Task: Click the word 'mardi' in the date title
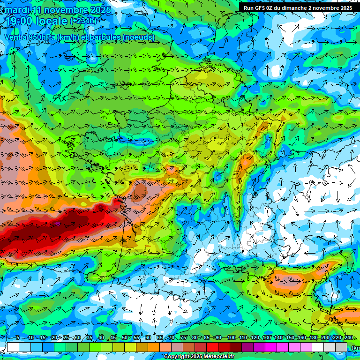click(x=16, y=10)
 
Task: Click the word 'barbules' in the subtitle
click(x=104, y=37)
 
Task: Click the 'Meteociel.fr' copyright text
click(x=218, y=357)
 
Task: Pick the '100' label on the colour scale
click(x=231, y=338)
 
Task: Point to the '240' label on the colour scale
click(x=349, y=338)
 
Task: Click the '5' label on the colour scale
click(x=17, y=338)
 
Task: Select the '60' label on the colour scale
click(x=148, y=338)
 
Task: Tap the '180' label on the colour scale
click(x=314, y=338)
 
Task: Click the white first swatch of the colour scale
click(x=13, y=347)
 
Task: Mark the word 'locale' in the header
click(x=51, y=21)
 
